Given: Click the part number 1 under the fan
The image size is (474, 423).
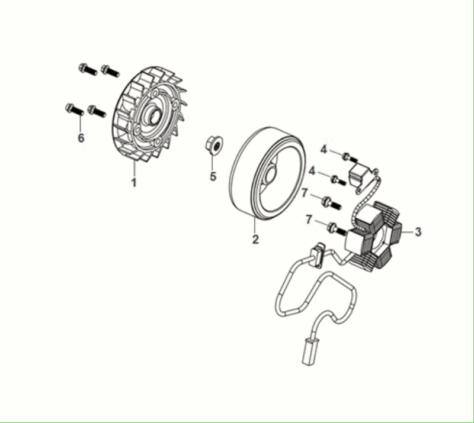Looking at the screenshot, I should tap(134, 183).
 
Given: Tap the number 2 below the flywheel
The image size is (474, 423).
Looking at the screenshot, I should tap(255, 240).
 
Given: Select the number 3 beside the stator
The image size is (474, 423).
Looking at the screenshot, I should tap(418, 231).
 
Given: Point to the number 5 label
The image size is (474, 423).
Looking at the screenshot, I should tap(213, 176).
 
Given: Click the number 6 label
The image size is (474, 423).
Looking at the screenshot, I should tap(81, 137).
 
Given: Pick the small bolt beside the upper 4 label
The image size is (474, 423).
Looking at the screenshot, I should tap(348, 157).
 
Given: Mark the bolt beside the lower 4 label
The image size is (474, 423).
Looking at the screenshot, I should tap(337, 179).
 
